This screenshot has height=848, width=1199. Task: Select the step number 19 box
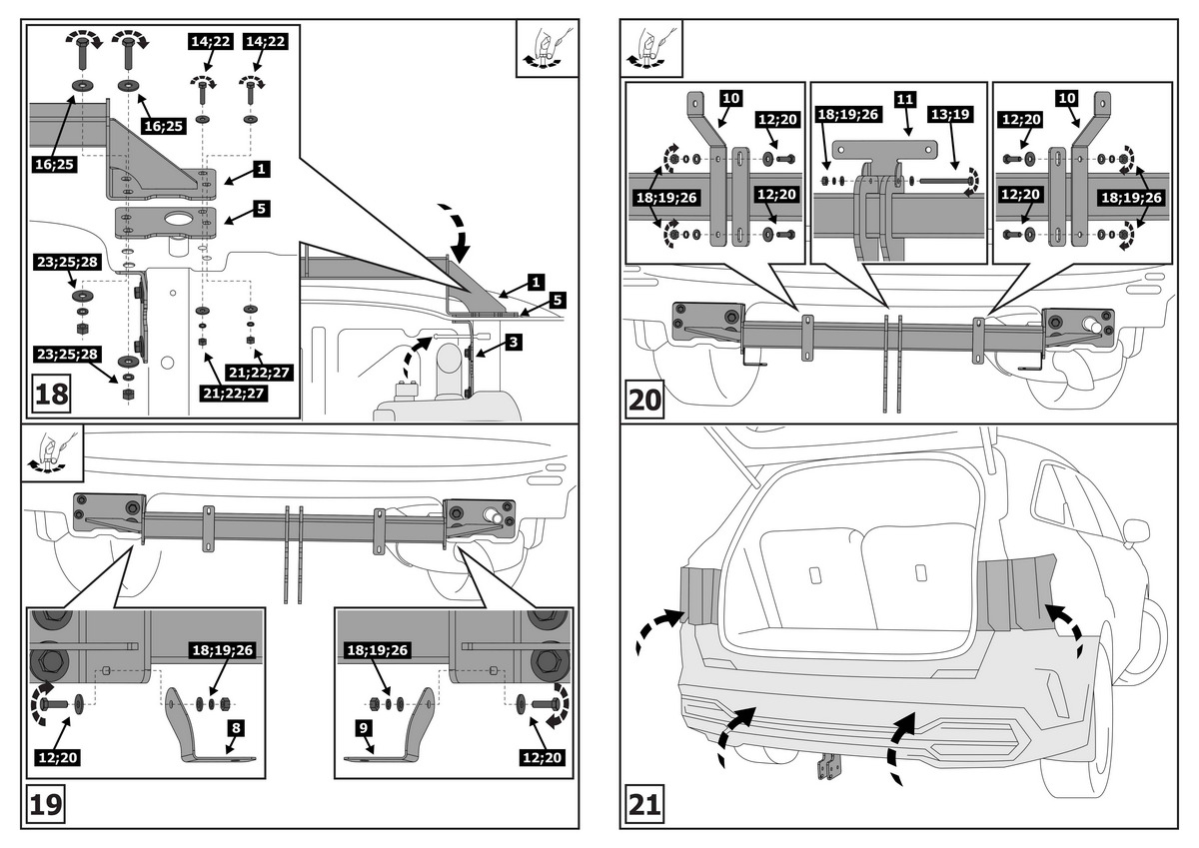click(44, 803)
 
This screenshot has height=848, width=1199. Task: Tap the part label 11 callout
click(905, 100)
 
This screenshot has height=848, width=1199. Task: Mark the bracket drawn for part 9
click(396, 734)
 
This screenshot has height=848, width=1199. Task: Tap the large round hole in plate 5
click(179, 218)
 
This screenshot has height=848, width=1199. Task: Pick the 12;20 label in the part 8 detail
click(58, 758)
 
